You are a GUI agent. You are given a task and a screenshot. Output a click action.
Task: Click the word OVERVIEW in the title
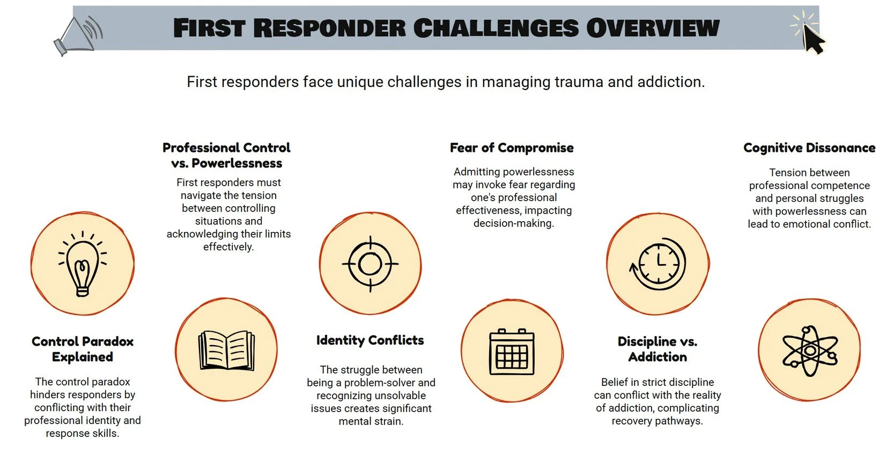point(653,28)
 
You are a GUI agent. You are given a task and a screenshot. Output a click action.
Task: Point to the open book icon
point(226,350)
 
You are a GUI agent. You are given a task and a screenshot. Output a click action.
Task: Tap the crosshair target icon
point(370,264)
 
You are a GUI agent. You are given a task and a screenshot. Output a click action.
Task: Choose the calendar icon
point(512,351)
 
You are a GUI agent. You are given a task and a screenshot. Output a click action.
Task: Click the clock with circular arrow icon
point(658,264)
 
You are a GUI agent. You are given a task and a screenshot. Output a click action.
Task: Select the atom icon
point(809,351)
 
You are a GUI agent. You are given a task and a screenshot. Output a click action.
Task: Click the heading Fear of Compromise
point(512,148)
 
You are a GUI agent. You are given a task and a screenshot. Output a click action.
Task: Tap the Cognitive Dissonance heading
point(809,148)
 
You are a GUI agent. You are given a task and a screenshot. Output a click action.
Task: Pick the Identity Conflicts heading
point(370,340)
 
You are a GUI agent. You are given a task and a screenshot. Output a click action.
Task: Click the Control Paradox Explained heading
point(83,349)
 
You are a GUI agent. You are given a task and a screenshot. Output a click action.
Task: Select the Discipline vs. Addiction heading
point(658,349)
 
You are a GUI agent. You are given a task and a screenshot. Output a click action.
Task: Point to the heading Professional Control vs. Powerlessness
point(226,155)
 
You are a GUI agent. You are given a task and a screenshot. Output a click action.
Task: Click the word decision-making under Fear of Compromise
point(513,223)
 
